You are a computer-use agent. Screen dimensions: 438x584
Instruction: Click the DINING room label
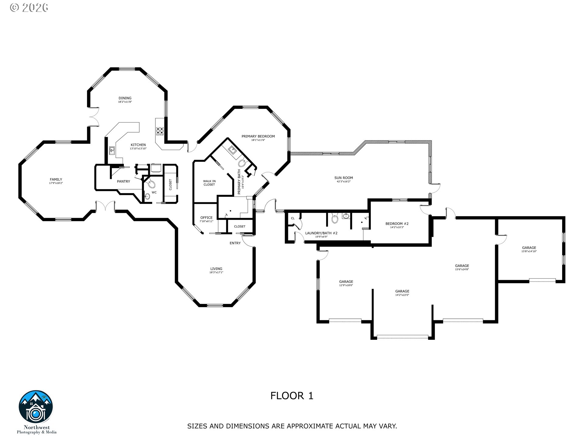pos(125,98)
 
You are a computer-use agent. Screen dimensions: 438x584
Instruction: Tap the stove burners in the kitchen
pos(160,131)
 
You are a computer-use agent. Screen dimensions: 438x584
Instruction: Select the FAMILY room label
pos(56,179)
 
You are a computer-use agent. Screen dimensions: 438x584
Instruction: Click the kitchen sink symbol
pos(112,150)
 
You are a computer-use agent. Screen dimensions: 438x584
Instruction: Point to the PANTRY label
pos(123,181)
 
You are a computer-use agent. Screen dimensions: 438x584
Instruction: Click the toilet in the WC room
pos(151,184)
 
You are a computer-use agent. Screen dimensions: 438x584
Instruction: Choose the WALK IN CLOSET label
pos(209,183)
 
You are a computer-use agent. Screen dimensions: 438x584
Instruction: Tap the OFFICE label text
pos(206,218)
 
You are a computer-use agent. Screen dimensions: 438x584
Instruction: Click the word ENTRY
pos(235,243)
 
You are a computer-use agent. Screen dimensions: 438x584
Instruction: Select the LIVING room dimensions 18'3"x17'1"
pos(216,273)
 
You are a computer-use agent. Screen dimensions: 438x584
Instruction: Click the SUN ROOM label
pos(343,178)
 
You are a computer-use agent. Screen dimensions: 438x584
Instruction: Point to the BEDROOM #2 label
pos(397,224)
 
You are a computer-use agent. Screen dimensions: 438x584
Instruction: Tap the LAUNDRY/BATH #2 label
pos(321,233)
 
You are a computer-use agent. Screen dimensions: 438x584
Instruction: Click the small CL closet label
pos(293,218)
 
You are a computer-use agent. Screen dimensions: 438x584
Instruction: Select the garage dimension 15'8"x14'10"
pos(529,251)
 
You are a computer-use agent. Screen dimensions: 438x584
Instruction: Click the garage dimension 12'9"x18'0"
pos(346,285)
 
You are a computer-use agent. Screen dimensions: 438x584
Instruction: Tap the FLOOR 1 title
pos(292,396)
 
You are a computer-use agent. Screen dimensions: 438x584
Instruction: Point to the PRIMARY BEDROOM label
pos(258,136)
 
